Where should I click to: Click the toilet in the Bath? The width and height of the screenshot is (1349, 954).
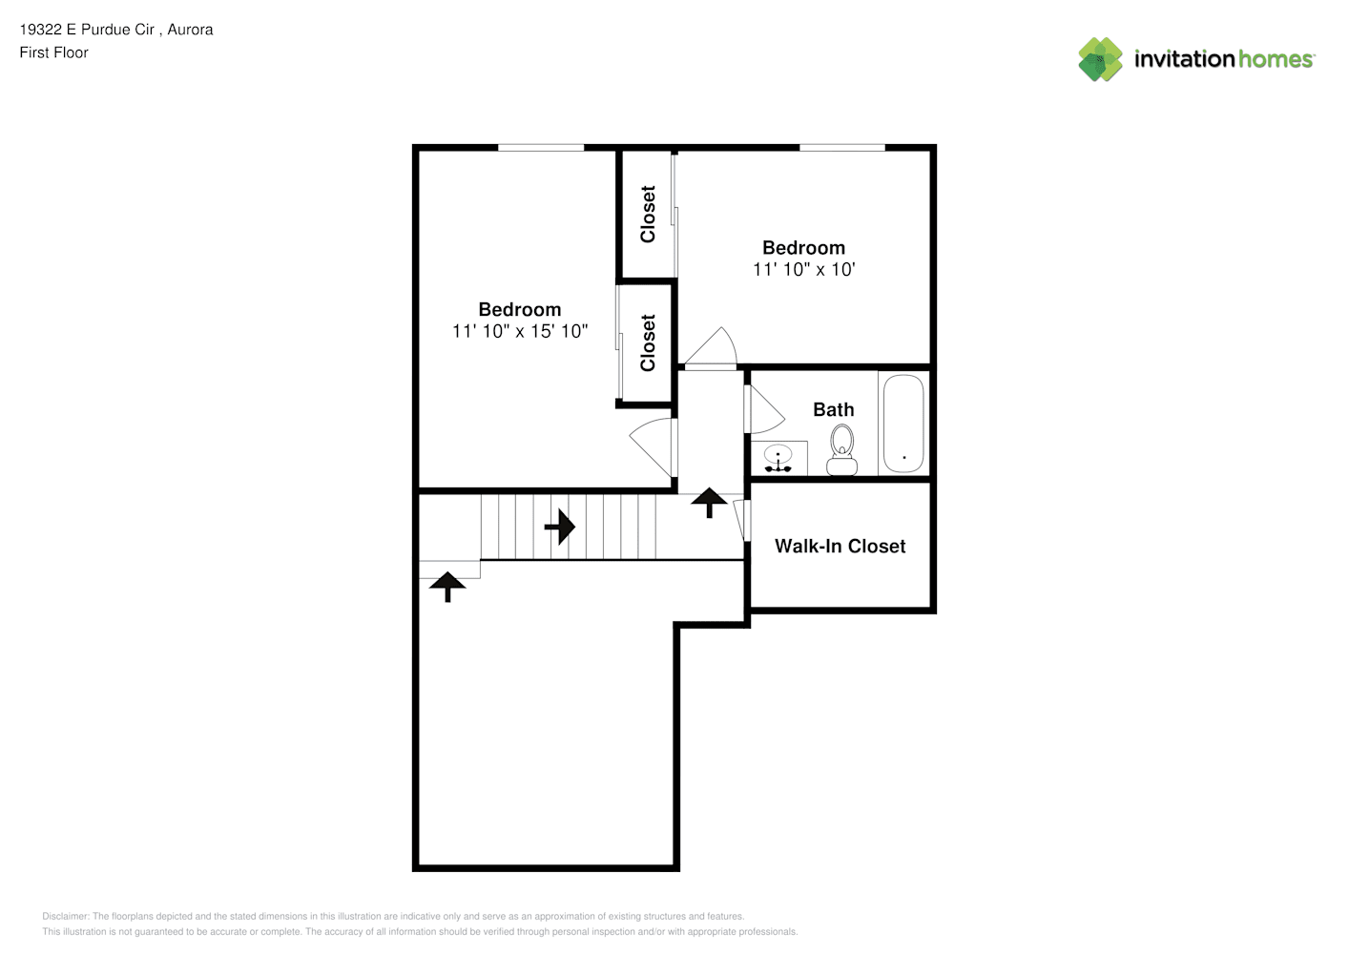coord(841,450)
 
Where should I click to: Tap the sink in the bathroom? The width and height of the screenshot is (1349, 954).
coord(778,458)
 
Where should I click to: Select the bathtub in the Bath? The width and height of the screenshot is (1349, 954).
coord(903,424)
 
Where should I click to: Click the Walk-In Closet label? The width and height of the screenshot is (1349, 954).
coord(841,547)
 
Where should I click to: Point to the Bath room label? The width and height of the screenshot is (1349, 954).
coord(834,409)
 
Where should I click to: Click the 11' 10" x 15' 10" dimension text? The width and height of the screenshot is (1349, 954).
coord(520,331)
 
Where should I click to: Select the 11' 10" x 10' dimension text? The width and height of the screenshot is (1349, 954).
coord(804,269)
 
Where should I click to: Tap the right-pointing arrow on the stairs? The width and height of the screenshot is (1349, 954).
coord(560,527)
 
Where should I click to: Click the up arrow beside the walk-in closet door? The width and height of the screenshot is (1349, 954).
coord(710,503)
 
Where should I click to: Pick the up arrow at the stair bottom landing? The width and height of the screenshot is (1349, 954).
coord(447,588)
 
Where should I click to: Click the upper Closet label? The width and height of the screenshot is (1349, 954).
coord(648,215)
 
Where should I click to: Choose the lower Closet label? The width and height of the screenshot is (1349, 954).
coord(648,342)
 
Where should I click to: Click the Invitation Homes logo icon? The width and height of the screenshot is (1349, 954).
coord(1100,59)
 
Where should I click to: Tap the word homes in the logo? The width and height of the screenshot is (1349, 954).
coord(1275,59)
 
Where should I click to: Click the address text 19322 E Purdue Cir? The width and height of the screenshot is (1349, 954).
coord(87,30)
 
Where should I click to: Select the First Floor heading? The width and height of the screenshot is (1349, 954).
coord(53,52)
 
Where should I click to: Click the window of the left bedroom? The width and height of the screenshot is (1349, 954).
coord(541,148)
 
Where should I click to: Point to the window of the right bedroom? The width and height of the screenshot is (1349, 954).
coord(841,148)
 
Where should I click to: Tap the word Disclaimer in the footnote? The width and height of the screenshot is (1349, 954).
coord(65,916)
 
